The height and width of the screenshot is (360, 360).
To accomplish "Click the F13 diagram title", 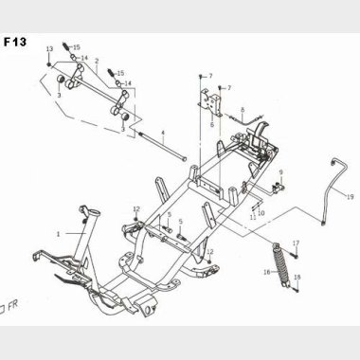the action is click(x=15, y=42).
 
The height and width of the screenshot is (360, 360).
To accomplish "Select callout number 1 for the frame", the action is click(x=58, y=234).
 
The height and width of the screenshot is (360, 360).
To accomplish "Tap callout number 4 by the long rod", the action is click(x=163, y=133).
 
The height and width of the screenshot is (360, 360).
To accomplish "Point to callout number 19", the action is click(x=350, y=197).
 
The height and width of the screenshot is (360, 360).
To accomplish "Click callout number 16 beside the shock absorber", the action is click(x=267, y=272).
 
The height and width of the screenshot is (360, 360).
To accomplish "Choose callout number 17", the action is click(x=296, y=243).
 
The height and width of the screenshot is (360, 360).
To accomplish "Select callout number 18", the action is click(x=297, y=278).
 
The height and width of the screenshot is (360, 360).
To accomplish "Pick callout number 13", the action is click(x=49, y=49).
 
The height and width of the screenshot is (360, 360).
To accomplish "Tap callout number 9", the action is click(x=280, y=172).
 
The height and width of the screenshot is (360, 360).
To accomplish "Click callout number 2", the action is click(x=97, y=61).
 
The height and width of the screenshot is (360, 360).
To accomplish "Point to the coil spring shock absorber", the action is click(x=280, y=264).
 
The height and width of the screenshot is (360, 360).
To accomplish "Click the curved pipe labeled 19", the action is click(x=334, y=189).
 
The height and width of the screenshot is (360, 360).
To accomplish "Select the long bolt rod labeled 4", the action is click(x=162, y=147).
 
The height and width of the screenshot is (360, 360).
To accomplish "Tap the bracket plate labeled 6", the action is click(x=210, y=101).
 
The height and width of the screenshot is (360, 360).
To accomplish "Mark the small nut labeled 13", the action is click(x=49, y=64).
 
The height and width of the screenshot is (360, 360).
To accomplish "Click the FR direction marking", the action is click(x=9, y=306).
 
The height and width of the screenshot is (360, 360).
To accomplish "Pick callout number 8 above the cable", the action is click(x=243, y=110).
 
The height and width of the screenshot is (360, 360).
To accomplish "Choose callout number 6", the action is click(x=212, y=124).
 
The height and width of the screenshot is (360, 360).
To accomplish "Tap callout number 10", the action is click(x=261, y=213).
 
